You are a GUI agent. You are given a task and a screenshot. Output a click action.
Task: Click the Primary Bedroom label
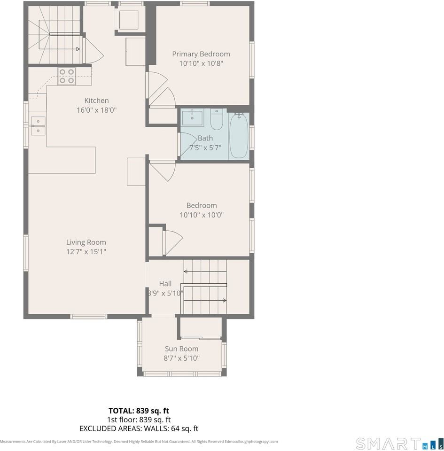tap(201, 54)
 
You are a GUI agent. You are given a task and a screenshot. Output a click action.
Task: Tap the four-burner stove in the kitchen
tap(66, 76)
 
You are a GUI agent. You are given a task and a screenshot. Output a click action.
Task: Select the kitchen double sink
tap(38, 126)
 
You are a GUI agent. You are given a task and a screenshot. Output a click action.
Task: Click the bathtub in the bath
tap(238, 136)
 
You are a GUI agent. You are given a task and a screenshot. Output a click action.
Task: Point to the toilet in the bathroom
tap(216, 120)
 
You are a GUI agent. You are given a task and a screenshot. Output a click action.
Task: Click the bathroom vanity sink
tap(192, 118)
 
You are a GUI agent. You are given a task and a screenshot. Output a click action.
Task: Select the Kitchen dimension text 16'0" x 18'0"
tap(96, 110)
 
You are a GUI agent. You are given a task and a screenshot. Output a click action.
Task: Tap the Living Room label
tap(86, 242)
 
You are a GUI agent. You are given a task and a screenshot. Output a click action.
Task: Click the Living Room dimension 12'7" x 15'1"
tap(86, 252)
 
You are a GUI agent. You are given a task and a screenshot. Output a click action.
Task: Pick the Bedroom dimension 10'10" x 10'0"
tap(202, 215)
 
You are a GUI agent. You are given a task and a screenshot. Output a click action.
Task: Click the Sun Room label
tap(181, 349)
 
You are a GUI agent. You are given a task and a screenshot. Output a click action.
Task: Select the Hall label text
tap(165, 284)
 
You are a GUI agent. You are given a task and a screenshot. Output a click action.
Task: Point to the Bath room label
tap(205, 138)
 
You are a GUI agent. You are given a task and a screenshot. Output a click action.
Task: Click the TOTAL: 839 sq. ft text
tap(139, 411)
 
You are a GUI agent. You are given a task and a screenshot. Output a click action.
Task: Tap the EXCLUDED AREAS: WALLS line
tap(139, 428)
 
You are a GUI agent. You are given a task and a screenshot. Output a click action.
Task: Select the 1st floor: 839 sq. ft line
tap(139, 420)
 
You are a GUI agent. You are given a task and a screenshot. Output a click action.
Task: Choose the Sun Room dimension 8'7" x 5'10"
tap(181, 358)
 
